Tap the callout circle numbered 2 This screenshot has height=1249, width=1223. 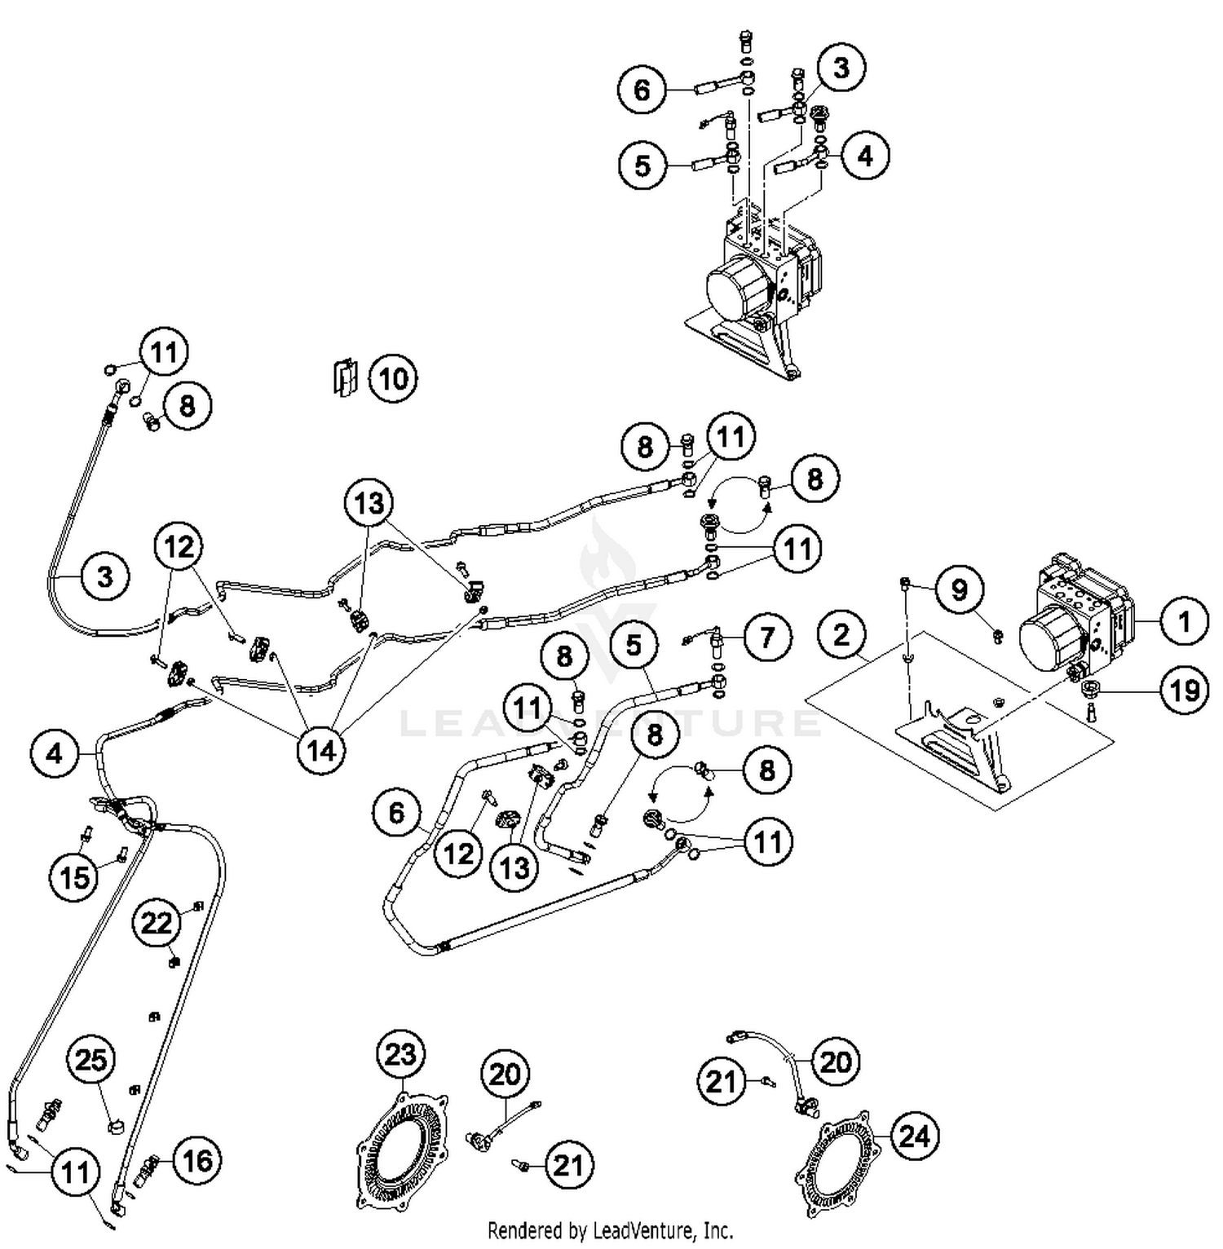point(842,635)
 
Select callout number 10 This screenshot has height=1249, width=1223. point(393,379)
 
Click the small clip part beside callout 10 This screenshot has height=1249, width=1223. point(344,377)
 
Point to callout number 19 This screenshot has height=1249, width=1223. point(1184,690)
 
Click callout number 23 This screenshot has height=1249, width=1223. point(400,1055)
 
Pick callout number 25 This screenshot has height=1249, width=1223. point(91,1061)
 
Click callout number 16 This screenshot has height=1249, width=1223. point(197,1160)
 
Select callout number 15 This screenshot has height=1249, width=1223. point(74,877)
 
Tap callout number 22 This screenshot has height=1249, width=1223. point(157,922)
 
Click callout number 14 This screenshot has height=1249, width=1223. point(321,750)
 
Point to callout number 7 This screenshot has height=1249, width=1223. point(766,637)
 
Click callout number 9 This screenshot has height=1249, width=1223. point(959,589)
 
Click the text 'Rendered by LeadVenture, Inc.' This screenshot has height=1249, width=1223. point(610,1230)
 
